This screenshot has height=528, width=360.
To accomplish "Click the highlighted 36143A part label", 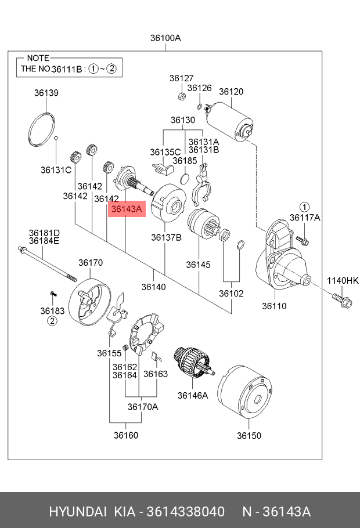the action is click(127, 209).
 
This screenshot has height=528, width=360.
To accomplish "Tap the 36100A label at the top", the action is click(165, 38).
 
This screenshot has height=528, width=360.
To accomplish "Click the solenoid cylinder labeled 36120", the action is click(229, 121).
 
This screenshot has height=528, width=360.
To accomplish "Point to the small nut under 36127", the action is click(181, 96).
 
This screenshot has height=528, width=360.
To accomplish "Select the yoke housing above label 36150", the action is click(244, 390).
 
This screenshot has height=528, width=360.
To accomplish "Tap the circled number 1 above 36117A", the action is click(304, 207).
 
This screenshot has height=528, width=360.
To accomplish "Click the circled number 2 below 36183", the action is click(52, 321).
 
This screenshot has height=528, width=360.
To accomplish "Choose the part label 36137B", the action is click(166, 238).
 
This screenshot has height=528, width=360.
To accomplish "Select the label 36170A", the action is click(143, 407).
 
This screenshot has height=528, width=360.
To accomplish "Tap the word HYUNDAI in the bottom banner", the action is click(78, 512).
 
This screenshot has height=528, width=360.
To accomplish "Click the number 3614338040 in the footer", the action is click(185, 512).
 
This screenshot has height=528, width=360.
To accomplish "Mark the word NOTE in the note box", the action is click(38, 58).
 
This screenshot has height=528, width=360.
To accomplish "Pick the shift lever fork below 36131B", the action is click(201, 185).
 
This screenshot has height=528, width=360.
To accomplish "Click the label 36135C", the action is click(165, 152).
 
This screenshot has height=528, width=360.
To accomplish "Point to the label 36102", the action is click(231, 294).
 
